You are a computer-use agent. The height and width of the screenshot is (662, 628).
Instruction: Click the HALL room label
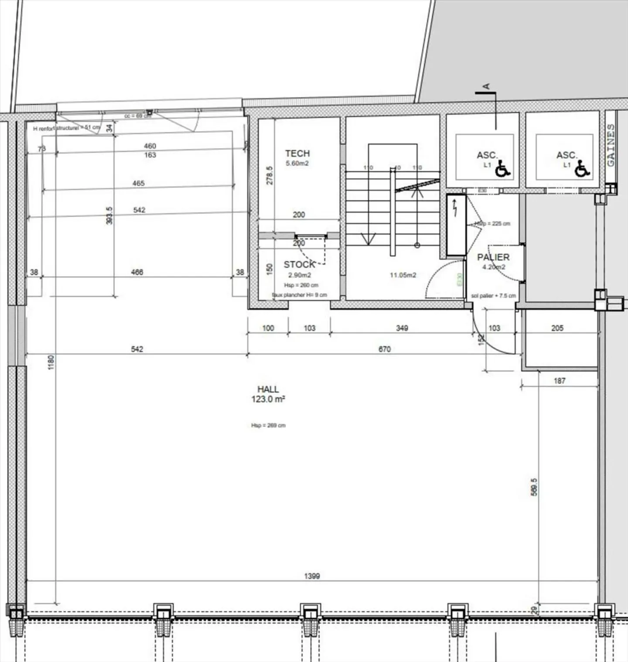[268, 389]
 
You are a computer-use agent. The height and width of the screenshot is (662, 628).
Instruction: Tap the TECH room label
[297, 154]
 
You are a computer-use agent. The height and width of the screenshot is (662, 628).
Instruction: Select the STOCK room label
[299, 264]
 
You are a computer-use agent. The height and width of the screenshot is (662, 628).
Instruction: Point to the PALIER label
[493, 257]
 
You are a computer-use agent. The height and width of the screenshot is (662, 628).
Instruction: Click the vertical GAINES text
[611, 145]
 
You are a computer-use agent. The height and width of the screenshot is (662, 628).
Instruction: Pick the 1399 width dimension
[312, 576]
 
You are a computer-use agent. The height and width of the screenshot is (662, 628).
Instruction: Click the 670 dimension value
[384, 349]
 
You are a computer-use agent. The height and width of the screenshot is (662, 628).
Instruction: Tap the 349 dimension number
[402, 328]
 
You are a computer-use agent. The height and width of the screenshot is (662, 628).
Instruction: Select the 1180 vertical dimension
[51, 362]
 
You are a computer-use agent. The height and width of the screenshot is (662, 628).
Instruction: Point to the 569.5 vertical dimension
[534, 487]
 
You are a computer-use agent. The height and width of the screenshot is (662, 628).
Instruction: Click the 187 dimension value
[559, 381]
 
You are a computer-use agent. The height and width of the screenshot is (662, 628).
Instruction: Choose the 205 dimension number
[557, 328]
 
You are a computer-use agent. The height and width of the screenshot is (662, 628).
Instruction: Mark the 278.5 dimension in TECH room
[270, 175]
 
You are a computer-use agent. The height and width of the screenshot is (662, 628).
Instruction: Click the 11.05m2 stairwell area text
[403, 275]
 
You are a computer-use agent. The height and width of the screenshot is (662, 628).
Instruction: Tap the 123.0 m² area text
[268, 399]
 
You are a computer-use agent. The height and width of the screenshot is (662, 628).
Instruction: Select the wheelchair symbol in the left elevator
[503, 168]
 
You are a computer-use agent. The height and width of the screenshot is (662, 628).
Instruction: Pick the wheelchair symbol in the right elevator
[582, 168]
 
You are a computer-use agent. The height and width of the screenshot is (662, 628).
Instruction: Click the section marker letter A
[487, 86]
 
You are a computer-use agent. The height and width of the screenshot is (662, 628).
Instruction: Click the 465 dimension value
[138, 183]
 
